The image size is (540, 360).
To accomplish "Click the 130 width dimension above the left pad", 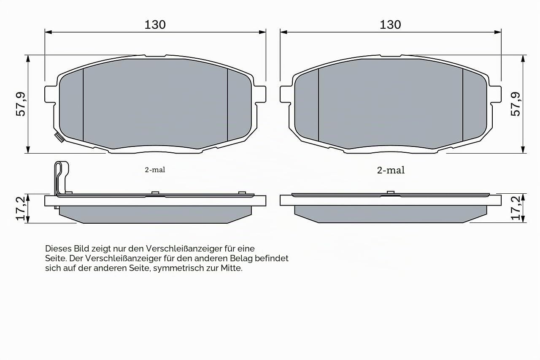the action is (x=155, y=24).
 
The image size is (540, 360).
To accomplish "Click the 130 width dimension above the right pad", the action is (x=390, y=24).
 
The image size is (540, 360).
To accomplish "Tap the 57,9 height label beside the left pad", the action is (x=21, y=104).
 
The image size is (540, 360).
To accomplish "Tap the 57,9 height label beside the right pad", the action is (x=515, y=104).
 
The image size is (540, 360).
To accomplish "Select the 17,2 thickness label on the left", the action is (x=21, y=208).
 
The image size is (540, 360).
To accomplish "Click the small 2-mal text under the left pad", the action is (x=155, y=170).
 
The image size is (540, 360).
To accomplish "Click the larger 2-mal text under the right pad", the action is (x=391, y=170).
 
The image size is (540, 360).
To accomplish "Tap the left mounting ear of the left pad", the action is (x=49, y=94).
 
